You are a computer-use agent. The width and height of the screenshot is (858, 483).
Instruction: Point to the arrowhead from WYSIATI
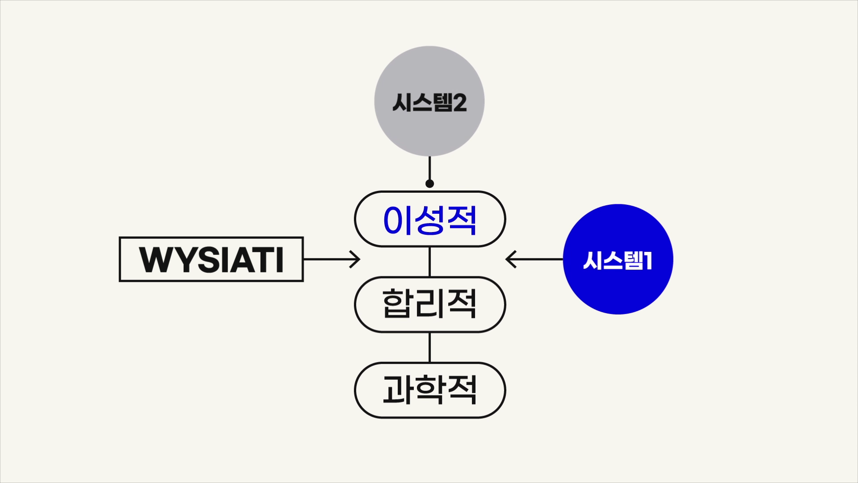click(355, 259)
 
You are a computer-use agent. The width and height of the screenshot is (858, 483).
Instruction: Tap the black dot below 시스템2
click(430, 183)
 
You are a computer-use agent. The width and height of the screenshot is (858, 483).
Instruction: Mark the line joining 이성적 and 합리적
click(430, 262)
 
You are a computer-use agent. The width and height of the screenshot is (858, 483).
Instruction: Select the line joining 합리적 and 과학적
click(430, 347)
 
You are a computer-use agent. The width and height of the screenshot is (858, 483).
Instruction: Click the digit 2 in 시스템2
click(460, 102)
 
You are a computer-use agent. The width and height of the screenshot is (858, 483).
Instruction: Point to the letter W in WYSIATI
click(155, 259)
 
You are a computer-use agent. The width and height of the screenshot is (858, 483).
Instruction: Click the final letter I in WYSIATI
click(280, 259)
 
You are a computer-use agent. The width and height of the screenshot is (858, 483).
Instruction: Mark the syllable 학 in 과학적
click(430, 390)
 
